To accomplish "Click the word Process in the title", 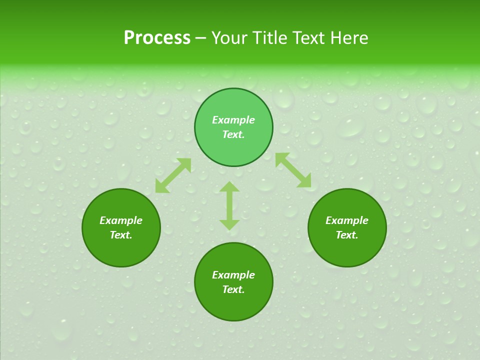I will tap(157, 38).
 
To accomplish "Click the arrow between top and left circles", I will tap(173, 175).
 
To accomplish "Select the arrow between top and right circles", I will tap(293, 170).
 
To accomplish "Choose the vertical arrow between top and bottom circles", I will tap(229, 205).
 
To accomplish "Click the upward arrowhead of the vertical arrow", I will tap(229, 187).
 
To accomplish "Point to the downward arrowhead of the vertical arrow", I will tap(229, 224).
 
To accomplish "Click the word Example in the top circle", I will tap(233, 120).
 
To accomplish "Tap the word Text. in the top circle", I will tap(233, 134).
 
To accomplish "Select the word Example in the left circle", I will tap(121, 220).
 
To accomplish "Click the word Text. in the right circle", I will tap(347, 235).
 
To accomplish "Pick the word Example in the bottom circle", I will tap(233, 275).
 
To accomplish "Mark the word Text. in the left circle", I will tap(121, 235).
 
